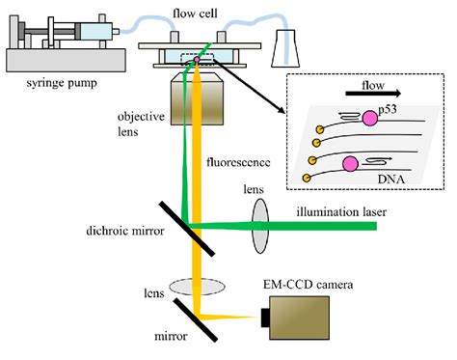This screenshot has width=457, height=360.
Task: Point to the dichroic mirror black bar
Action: coord(173,225)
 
